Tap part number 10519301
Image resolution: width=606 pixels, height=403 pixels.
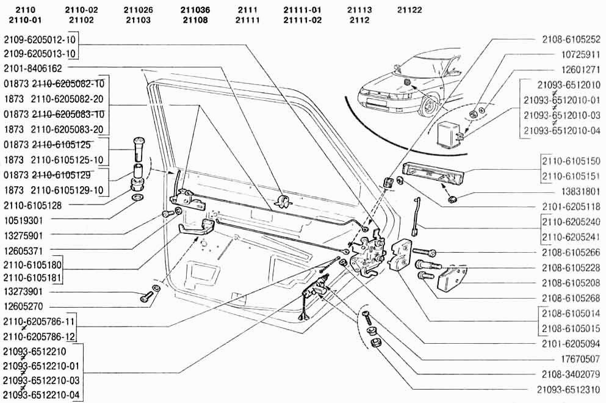point(23,219)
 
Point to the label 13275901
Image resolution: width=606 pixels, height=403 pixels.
point(23,234)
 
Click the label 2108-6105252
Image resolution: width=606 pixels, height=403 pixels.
point(571,39)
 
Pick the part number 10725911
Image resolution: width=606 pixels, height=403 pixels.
point(579,54)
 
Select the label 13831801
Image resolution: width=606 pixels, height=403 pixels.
point(579,191)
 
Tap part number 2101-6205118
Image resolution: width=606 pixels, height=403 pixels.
point(571,206)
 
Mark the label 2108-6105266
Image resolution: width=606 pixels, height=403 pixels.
point(571,252)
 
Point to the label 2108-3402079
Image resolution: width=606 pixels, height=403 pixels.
point(571,373)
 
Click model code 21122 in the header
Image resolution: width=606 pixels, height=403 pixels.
point(409,10)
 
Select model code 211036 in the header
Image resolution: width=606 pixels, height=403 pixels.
point(196,10)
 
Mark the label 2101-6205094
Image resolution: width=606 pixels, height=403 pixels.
point(571,343)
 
